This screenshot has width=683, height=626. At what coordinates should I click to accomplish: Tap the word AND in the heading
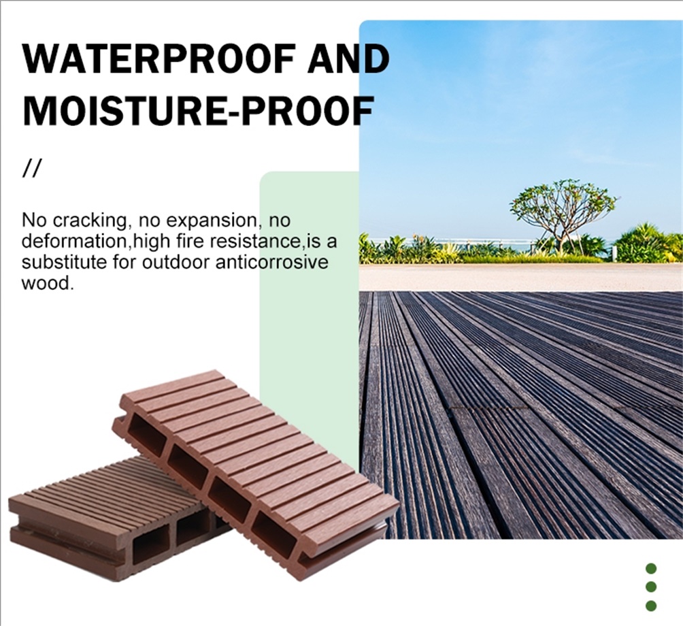(349, 59)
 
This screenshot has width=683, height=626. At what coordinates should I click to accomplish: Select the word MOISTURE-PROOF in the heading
(198, 110)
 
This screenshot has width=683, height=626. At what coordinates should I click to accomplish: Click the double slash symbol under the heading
(31, 169)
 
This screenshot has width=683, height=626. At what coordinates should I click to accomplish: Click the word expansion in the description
(212, 221)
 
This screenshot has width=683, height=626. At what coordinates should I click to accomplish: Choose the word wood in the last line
(46, 283)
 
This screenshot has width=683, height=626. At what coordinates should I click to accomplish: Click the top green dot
(651, 568)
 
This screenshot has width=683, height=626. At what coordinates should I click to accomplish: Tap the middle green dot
(651, 587)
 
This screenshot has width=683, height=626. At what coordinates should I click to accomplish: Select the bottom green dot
(651, 606)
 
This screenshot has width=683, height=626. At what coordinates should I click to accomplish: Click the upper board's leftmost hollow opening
(146, 431)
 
